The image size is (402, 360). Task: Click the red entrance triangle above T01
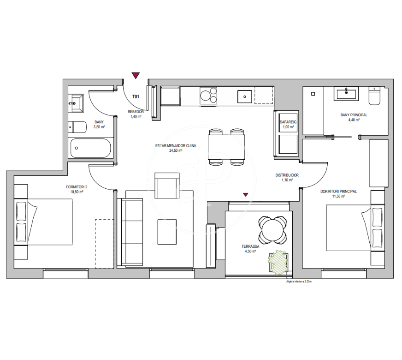(136, 75)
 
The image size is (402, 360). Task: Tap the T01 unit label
(136, 97)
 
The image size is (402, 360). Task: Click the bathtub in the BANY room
(90, 148)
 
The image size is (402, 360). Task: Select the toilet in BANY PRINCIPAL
(374, 96)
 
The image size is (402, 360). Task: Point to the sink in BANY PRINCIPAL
(346, 93)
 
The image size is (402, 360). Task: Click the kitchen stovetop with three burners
(208, 96)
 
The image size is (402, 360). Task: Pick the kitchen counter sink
(245, 97)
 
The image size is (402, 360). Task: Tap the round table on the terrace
(272, 230)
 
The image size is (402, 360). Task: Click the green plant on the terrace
(278, 262)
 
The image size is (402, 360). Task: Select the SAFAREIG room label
(288, 122)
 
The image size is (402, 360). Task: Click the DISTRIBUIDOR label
(287, 175)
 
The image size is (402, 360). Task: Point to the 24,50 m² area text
(176, 150)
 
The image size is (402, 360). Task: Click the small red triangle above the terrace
(246, 194)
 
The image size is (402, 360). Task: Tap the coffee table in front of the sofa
(167, 232)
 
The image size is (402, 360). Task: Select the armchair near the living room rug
(167, 186)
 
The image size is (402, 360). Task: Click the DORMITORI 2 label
(77, 187)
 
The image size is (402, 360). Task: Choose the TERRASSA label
(250, 246)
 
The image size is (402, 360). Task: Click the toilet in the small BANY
(77, 127)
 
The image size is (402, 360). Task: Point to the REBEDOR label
(136, 112)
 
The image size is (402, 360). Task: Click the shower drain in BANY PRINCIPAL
(313, 94)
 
